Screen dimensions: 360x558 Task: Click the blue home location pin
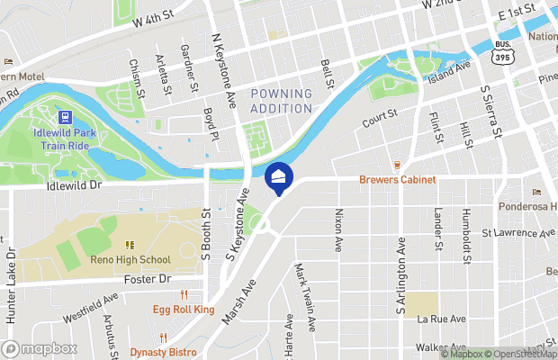pos(278,176)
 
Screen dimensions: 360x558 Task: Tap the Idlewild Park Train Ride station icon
pos(65,117)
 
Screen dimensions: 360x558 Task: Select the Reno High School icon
pos(130,245)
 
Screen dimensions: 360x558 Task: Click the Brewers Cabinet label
pos(397,180)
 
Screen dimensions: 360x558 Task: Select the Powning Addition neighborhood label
pos(282,100)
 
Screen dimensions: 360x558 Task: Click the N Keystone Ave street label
pos(224,67)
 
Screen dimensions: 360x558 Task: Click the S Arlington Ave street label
pos(400,277)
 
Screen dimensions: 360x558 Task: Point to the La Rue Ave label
pos(441,319)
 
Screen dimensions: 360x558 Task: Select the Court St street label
pos(380,117)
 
